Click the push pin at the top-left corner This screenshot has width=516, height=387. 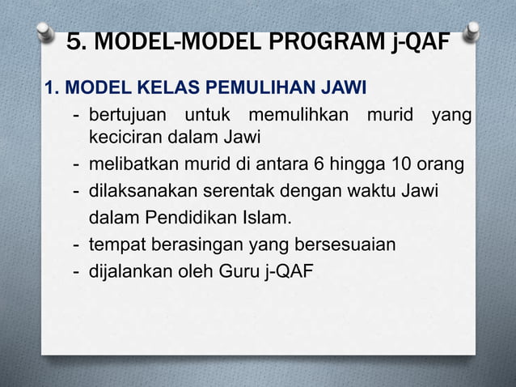coord(45,30)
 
